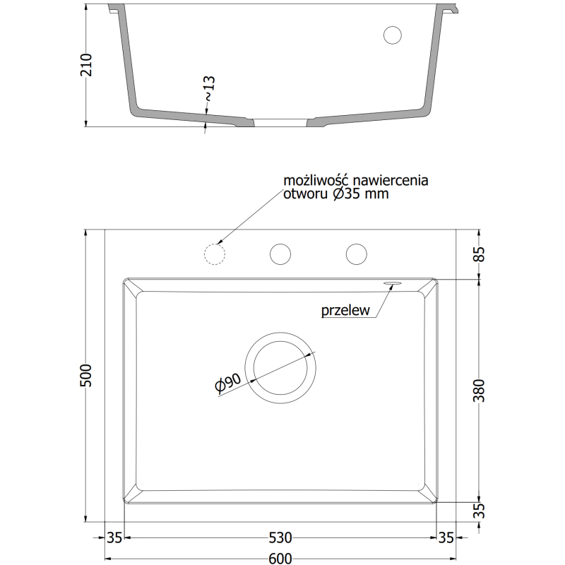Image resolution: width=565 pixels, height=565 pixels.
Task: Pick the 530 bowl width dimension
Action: point(280,537)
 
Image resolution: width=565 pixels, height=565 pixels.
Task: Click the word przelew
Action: point(345,310)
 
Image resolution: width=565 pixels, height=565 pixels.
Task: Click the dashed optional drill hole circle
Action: point(213,253)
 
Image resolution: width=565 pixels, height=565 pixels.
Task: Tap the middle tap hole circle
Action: point(280,253)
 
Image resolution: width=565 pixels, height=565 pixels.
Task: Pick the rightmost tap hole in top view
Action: point(356,253)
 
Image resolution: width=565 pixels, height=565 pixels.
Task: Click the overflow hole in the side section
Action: point(392,34)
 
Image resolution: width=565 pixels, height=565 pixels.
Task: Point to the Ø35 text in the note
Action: point(346,194)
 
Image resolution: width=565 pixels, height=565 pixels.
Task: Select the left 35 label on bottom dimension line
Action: point(115,537)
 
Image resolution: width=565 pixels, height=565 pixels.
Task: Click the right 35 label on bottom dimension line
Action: point(446,537)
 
